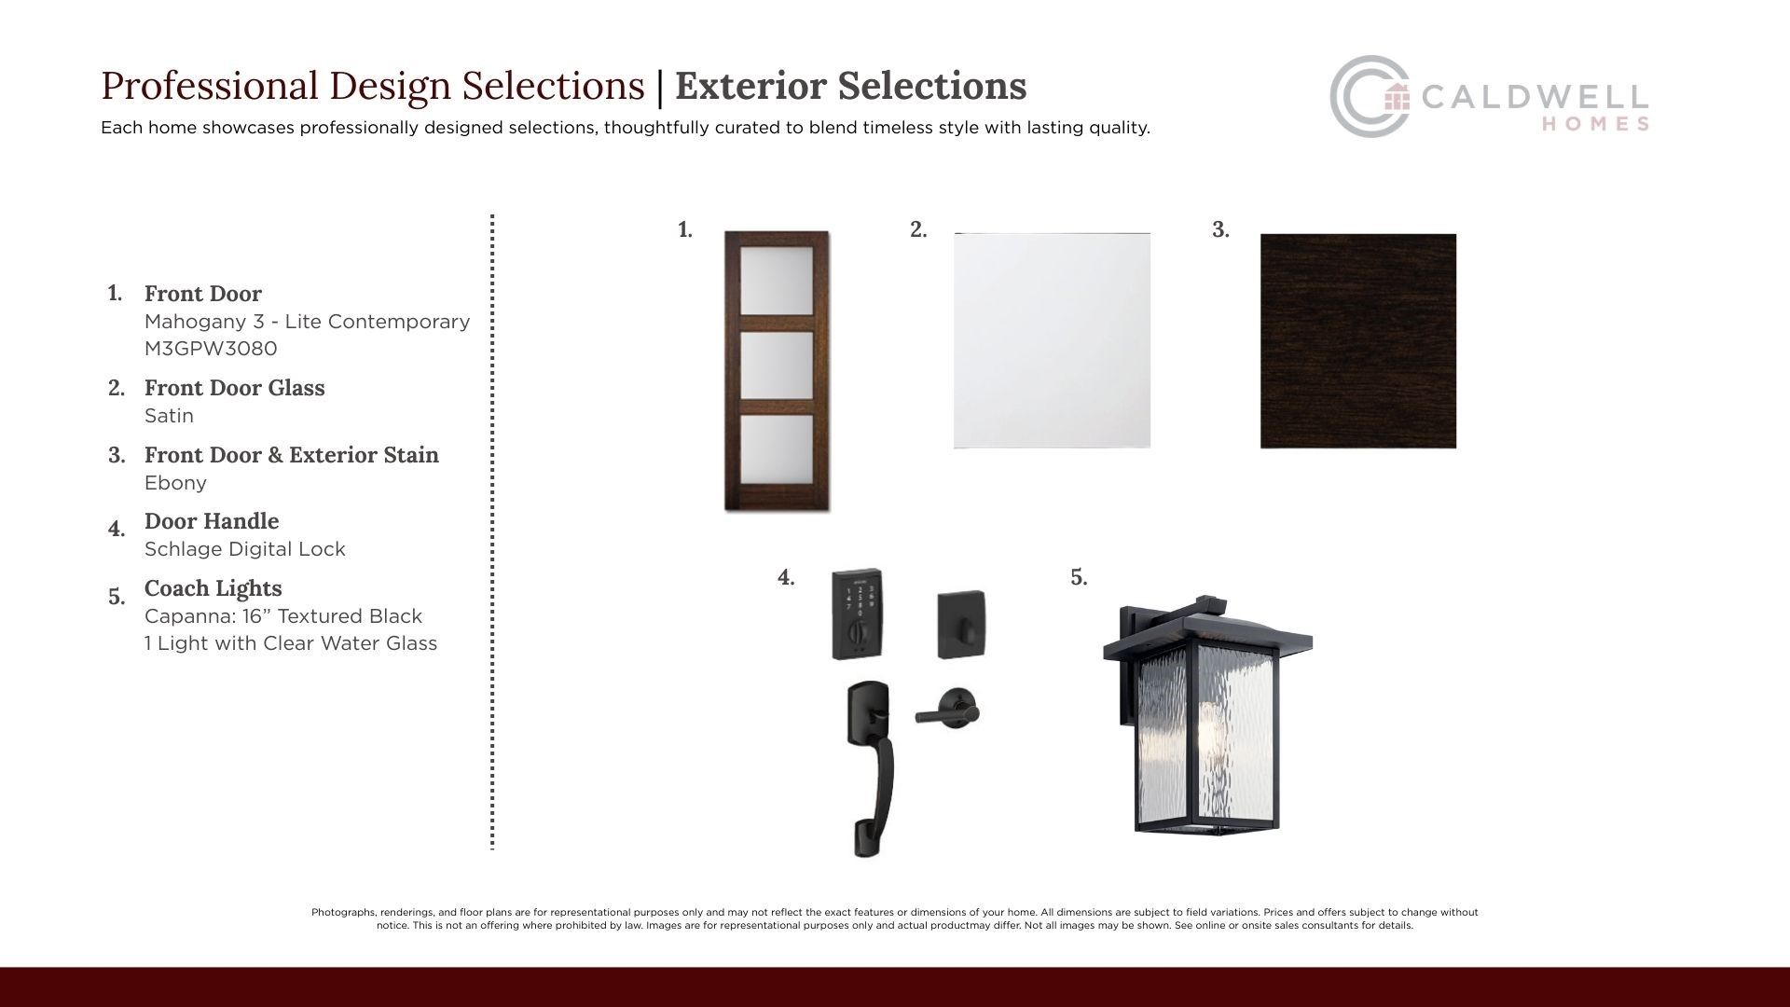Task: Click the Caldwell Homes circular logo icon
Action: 1369,96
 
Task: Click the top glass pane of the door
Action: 777,283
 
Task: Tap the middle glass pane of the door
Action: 777,365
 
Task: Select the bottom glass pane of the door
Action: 777,448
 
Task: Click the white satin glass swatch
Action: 1052,340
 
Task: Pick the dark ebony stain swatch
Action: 1358,341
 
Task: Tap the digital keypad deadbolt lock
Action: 858,614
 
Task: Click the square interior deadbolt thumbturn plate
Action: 961,624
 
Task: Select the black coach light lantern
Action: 1207,713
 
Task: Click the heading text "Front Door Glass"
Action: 235,388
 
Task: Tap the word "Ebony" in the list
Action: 175,483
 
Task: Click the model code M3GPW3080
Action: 211,349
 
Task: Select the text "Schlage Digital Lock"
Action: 245,549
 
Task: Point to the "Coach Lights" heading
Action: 213,588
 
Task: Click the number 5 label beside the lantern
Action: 1079,577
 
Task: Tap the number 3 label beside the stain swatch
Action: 1220,229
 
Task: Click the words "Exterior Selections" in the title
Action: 851,86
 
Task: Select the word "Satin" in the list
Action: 169,416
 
